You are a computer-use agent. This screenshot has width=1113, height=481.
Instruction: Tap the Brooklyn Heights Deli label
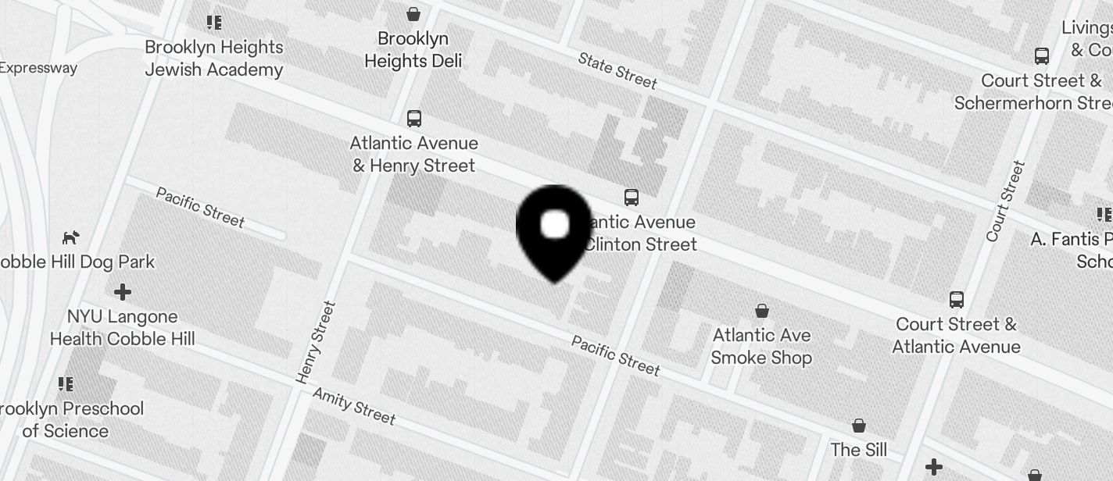(x=413, y=50)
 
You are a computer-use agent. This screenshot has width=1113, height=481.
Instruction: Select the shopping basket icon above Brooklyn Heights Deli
(x=413, y=14)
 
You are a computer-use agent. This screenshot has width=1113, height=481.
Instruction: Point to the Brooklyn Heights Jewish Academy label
(x=213, y=59)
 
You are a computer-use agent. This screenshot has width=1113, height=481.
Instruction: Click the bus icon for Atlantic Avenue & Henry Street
(x=414, y=119)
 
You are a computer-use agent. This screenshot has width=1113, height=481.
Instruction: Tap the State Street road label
(x=617, y=70)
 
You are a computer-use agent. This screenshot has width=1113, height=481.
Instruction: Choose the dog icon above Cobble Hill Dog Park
(x=71, y=237)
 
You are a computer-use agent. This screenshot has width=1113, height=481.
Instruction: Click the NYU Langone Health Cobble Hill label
(x=123, y=328)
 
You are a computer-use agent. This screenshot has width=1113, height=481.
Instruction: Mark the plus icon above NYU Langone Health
(x=123, y=292)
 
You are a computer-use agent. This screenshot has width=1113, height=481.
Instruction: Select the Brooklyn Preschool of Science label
(x=69, y=419)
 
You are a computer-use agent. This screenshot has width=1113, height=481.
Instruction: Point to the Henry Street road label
(x=316, y=342)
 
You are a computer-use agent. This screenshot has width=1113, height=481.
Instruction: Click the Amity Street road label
(x=354, y=405)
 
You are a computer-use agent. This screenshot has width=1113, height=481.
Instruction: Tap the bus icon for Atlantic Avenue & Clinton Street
(x=632, y=197)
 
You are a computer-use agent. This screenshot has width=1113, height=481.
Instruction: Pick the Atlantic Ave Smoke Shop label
(x=761, y=347)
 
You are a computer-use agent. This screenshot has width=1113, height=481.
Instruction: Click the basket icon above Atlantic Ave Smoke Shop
(x=762, y=311)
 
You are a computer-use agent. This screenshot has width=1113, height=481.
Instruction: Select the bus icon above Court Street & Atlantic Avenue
(x=957, y=299)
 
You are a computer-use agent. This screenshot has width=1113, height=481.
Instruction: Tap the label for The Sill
(x=859, y=450)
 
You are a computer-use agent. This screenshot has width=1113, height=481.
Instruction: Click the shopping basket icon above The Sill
(x=859, y=426)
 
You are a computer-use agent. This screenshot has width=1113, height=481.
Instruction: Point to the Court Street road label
(x=1005, y=201)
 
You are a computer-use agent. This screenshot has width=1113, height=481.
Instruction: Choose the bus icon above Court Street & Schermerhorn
(x=1042, y=56)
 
